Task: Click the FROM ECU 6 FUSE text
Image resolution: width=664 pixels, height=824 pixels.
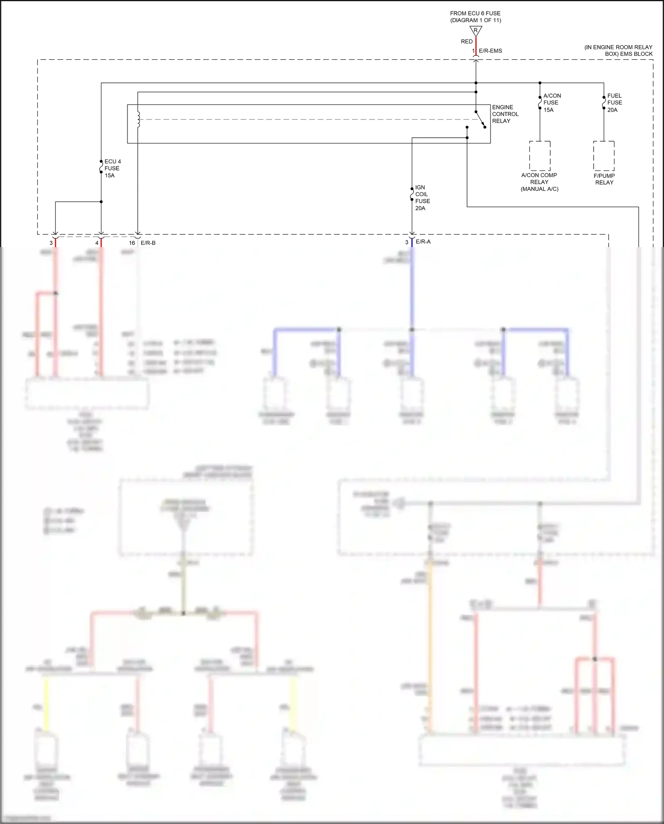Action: (475, 14)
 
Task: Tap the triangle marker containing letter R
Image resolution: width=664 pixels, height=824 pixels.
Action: (476, 31)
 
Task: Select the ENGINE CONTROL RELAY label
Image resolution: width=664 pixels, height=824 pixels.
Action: (505, 114)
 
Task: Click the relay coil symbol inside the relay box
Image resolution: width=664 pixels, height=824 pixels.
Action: (139, 119)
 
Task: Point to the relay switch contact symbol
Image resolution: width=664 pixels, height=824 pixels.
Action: (481, 120)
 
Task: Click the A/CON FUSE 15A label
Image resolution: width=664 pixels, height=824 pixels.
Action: (552, 103)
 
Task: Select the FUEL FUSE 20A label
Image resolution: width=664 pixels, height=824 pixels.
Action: (614, 103)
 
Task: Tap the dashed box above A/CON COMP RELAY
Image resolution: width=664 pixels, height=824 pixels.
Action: (540, 156)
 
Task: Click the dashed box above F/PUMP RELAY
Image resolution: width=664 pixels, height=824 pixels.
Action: (604, 156)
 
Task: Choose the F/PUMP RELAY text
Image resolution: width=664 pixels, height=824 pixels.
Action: (604, 179)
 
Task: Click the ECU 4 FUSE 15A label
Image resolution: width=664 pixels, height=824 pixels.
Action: (112, 168)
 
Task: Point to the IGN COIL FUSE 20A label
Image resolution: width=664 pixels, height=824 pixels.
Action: (422, 197)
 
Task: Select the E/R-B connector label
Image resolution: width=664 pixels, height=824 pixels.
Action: (148, 243)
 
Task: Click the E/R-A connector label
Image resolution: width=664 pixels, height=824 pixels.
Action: (423, 242)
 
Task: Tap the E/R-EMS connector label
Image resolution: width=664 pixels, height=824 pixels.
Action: (490, 51)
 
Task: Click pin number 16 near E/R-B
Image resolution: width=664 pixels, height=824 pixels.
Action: (132, 243)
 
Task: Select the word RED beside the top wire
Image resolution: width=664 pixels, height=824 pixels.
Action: (467, 42)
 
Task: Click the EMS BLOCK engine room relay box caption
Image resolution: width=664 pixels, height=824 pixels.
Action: (618, 50)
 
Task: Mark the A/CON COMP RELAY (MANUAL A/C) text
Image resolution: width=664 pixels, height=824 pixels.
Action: (539, 182)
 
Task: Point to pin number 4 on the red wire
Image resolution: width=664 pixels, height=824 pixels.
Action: (97, 243)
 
